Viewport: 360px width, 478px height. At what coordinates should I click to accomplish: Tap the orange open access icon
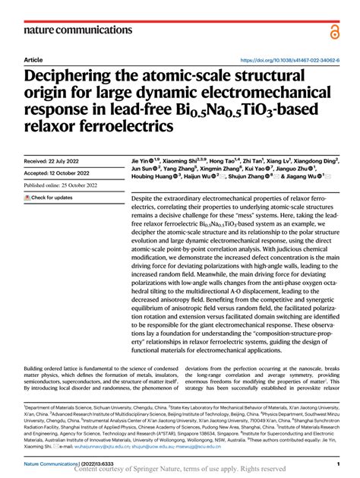pos(335,30)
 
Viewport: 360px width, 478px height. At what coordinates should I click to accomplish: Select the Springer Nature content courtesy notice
pos(180,470)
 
